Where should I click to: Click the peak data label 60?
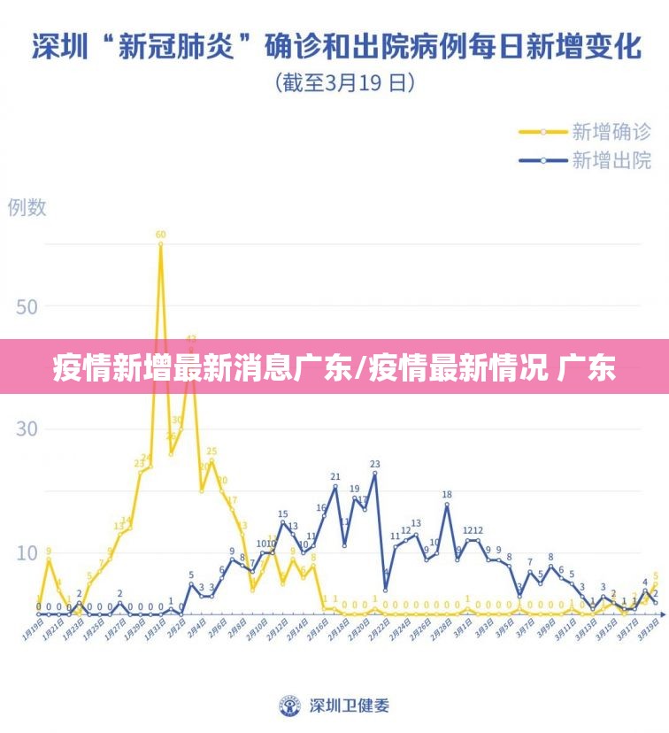pos(160,235)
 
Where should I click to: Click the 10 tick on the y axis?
pos(27,552)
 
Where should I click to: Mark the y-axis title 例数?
pos(27,207)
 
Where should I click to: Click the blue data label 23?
pos(374,464)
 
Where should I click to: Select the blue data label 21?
pos(335,477)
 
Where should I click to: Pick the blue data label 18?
pos(447,495)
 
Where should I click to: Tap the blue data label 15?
pos(282,513)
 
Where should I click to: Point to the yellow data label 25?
pos(211,452)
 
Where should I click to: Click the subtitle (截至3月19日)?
pos(345,83)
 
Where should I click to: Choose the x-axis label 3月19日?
pos(650,630)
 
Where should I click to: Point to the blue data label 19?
pos(354,489)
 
